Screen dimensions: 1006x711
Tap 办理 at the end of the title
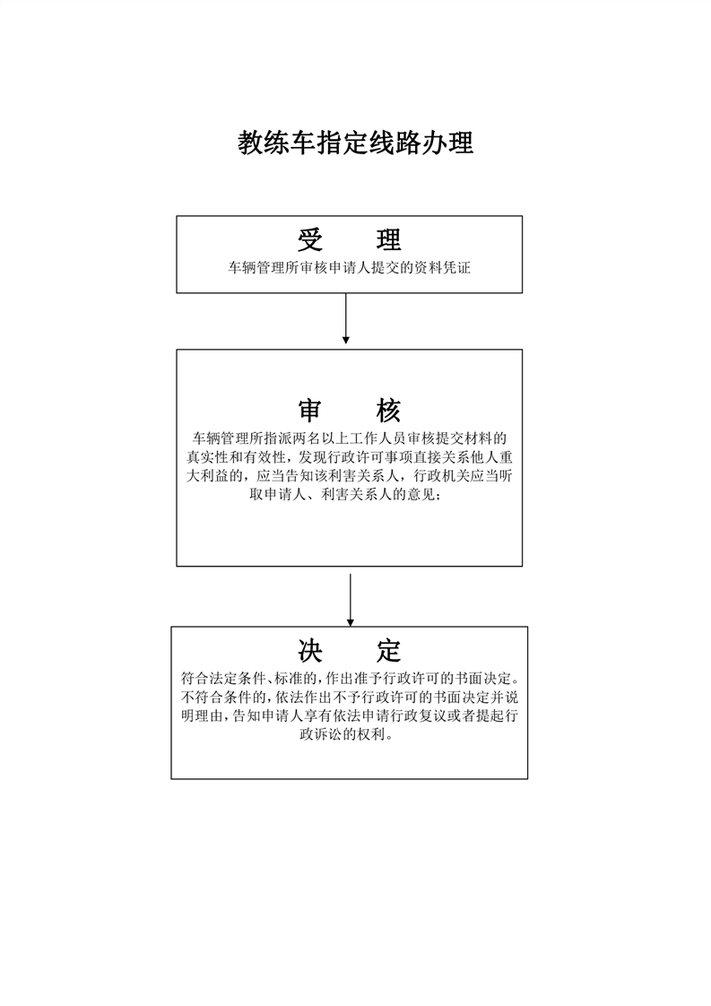[447, 143]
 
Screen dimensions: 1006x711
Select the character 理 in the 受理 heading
[388, 239]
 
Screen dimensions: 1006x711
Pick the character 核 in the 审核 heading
[388, 411]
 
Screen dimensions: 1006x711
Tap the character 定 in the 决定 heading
[388, 650]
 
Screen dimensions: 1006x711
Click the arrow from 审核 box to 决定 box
[351, 599]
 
